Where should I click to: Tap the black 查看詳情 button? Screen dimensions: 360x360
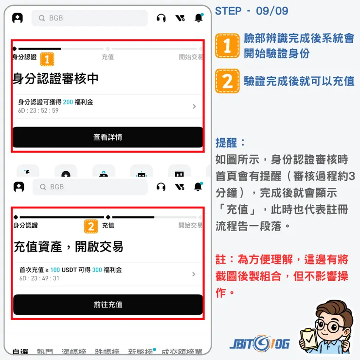(108, 137)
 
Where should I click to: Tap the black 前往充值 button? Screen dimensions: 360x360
(108, 305)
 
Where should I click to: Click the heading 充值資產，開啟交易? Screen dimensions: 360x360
(68, 246)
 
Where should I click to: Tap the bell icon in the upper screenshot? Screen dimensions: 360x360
(198, 18)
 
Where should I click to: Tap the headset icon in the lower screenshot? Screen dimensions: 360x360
(162, 187)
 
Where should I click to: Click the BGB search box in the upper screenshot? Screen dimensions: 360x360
(90, 18)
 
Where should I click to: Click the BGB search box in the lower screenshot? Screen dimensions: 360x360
(90, 187)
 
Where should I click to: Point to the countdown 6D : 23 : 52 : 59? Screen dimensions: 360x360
(38, 110)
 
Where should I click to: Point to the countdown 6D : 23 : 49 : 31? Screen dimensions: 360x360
(39, 278)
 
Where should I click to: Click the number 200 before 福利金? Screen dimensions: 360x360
(68, 102)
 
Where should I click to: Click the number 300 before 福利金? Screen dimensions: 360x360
(97, 270)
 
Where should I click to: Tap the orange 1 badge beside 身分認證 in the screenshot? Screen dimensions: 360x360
(47, 59)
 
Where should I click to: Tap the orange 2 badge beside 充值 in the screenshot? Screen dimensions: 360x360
(91, 226)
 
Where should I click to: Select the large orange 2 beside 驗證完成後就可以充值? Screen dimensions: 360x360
(227, 81)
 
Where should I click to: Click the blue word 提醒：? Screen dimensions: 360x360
(231, 143)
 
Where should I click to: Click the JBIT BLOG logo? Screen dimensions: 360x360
(260, 343)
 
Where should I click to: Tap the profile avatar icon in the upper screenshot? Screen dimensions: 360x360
(18, 18)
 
